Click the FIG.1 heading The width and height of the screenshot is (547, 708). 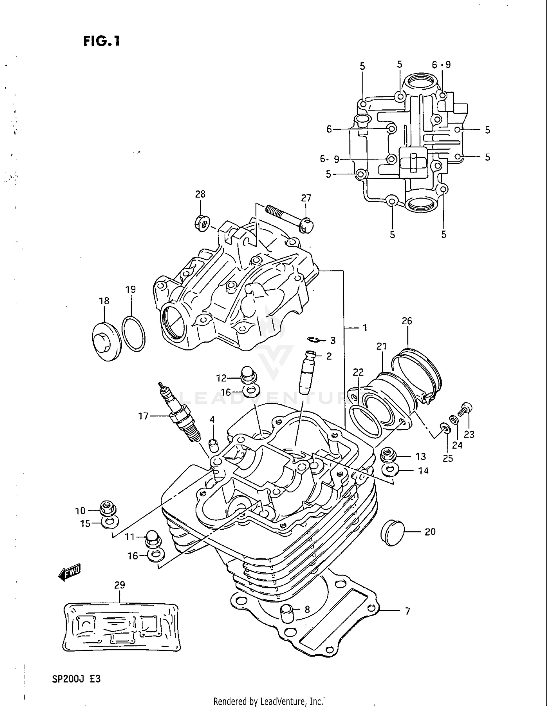101,41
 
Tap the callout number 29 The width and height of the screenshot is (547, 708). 120,585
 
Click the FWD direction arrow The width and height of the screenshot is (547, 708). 69,572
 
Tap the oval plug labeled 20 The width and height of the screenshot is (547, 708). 392,533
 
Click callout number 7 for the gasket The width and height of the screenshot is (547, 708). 407,611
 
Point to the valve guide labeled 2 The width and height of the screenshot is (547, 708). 306,372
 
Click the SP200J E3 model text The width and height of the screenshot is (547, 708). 76,679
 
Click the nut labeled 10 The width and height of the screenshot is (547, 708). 107,507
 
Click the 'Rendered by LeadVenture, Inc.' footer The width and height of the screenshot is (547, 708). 268,701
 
